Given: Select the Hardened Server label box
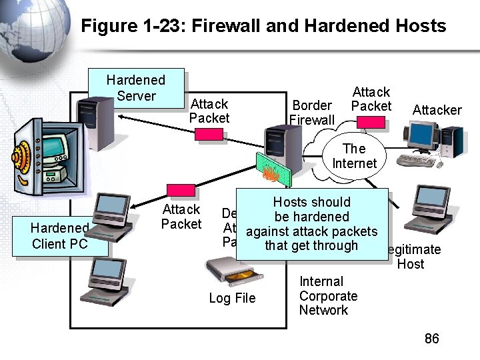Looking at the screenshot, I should tap(136, 87).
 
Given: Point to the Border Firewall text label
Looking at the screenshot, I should tap(312, 113).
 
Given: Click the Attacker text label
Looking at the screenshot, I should tap(437, 110).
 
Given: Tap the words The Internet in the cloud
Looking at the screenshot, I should tap(354, 156).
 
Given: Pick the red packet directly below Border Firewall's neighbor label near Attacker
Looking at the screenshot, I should tap(371, 122).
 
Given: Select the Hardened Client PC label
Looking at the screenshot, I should tap(59, 237).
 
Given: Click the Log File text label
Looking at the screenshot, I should tap(232, 298).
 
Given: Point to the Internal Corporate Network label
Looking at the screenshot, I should tap(328, 296).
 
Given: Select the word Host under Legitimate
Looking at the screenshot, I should tap(411, 264).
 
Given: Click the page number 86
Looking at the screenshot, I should tap(432, 339).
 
